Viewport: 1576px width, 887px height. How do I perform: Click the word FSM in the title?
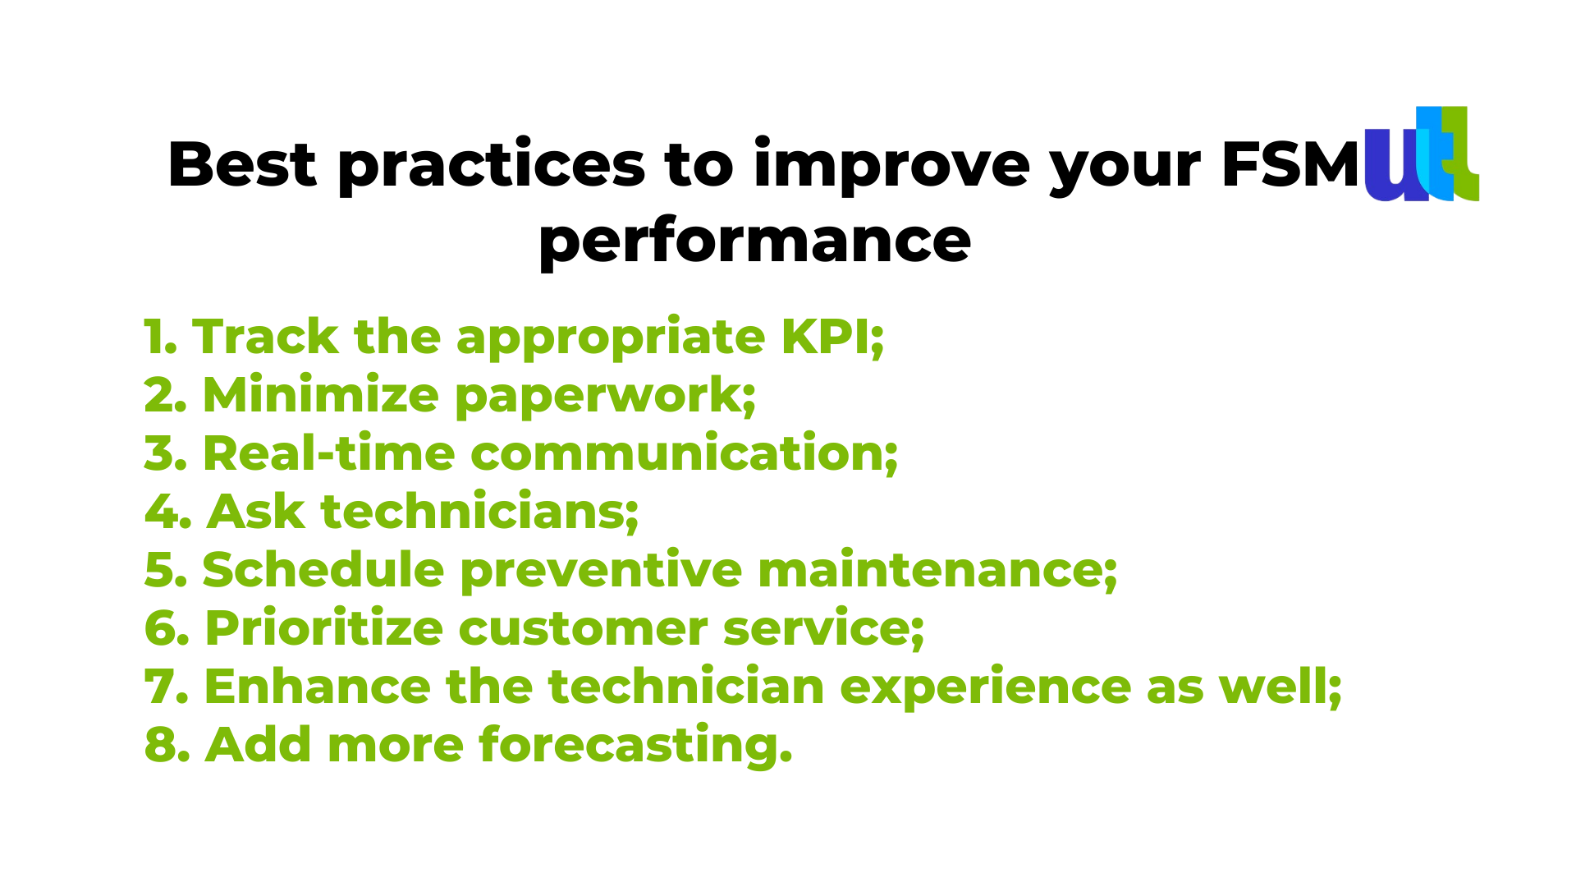1290,165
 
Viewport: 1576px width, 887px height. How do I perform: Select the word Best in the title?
241,164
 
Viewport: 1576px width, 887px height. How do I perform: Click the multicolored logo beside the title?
1422,154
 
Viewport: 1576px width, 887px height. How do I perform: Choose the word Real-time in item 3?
328,453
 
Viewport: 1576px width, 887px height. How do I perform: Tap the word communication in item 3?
685,453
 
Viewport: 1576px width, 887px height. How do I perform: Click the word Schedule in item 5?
323,569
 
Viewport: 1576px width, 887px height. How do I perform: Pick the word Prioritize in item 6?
324,629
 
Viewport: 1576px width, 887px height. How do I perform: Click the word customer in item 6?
583,629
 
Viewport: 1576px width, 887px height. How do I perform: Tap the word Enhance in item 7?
317,687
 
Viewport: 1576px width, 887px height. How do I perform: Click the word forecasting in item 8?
636,745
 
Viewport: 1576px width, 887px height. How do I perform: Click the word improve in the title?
891,166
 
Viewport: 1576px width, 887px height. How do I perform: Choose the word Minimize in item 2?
321,395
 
